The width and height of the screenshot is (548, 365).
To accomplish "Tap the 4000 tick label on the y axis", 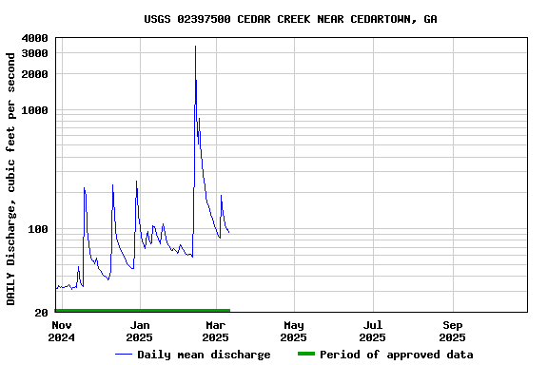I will pyautogui.click(x=34, y=38).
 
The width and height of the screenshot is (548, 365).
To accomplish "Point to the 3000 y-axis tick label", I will pyautogui.click(x=34, y=53).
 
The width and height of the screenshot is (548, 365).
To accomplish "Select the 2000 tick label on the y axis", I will pyautogui.click(x=34, y=74).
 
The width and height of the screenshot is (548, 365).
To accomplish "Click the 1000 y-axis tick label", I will pyautogui.click(x=34, y=110).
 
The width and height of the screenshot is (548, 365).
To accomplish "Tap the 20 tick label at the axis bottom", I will pyautogui.click(x=42, y=313).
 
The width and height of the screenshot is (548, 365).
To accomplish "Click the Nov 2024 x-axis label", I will pyautogui.click(x=61, y=331).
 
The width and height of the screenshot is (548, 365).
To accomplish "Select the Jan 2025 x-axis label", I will pyautogui.click(x=139, y=331).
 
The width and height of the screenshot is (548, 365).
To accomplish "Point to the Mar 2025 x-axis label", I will pyautogui.click(x=215, y=331).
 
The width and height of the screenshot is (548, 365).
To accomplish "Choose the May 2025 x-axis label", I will pyautogui.click(x=294, y=331).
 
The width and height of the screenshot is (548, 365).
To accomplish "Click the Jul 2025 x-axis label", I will pyautogui.click(x=372, y=331).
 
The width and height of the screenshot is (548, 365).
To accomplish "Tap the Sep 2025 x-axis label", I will pyautogui.click(x=452, y=331).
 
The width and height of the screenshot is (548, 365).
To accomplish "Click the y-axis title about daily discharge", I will pyautogui.click(x=11, y=179).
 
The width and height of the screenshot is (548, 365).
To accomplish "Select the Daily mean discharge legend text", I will pyautogui.click(x=204, y=355).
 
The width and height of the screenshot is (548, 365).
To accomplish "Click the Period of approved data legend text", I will pyautogui.click(x=396, y=355).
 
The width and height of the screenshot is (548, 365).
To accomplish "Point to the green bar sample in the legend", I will pyautogui.click(x=305, y=355).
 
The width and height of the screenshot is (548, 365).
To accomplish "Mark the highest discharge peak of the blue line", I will pyautogui.click(x=195, y=46).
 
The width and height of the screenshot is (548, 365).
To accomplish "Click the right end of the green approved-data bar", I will pyautogui.click(x=229, y=311).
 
